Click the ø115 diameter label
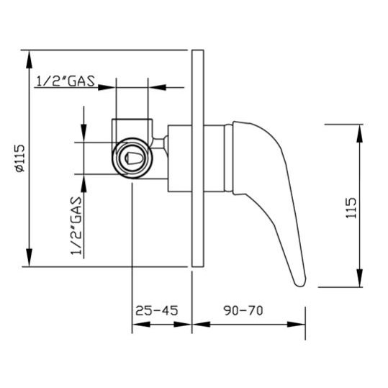(20, 158)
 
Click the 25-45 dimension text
(157, 310)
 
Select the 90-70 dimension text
(243, 310)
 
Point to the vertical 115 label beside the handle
(351, 208)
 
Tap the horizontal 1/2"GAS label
(66, 81)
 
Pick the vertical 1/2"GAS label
(76, 225)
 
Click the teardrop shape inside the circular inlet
(134, 158)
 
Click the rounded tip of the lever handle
(300, 283)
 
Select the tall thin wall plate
(198, 158)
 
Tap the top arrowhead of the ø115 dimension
(30, 59)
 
